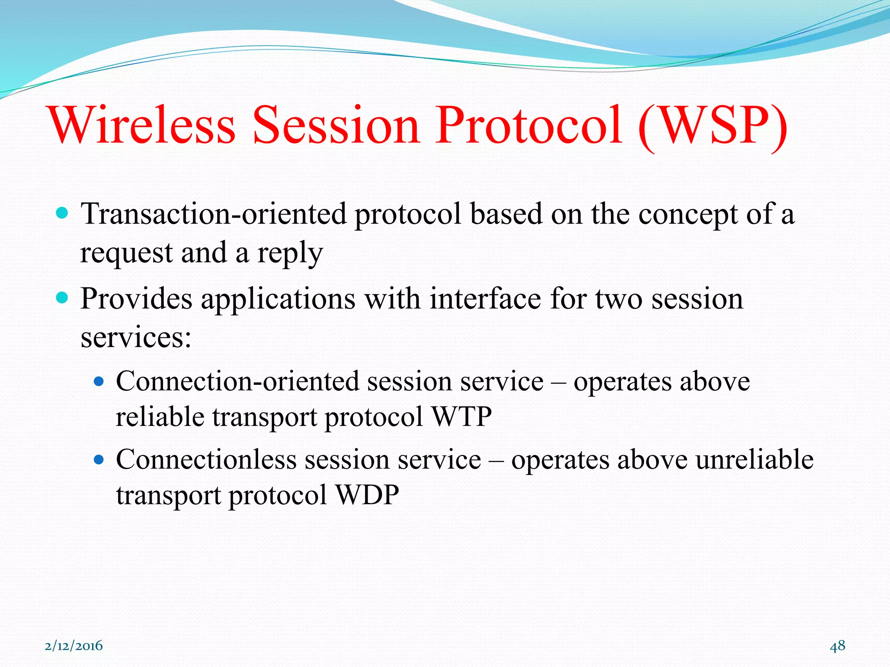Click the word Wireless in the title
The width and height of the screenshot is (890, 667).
tap(143, 125)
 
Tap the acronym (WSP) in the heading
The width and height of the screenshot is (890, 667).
tap(713, 125)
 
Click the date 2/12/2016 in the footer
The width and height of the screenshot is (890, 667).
tap(74, 646)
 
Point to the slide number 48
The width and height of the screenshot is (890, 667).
tap(837, 646)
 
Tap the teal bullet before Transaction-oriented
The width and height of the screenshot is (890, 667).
tap(63, 212)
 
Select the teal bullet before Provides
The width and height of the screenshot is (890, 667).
tap(63, 298)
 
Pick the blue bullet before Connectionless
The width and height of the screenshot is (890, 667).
tap(99, 459)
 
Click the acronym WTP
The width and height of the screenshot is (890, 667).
tap(462, 416)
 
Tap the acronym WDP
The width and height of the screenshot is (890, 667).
tap(368, 495)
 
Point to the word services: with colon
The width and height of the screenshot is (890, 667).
tap(136, 337)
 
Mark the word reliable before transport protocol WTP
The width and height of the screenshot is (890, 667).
tap(160, 416)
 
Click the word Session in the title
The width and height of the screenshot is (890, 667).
tap(336, 125)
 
